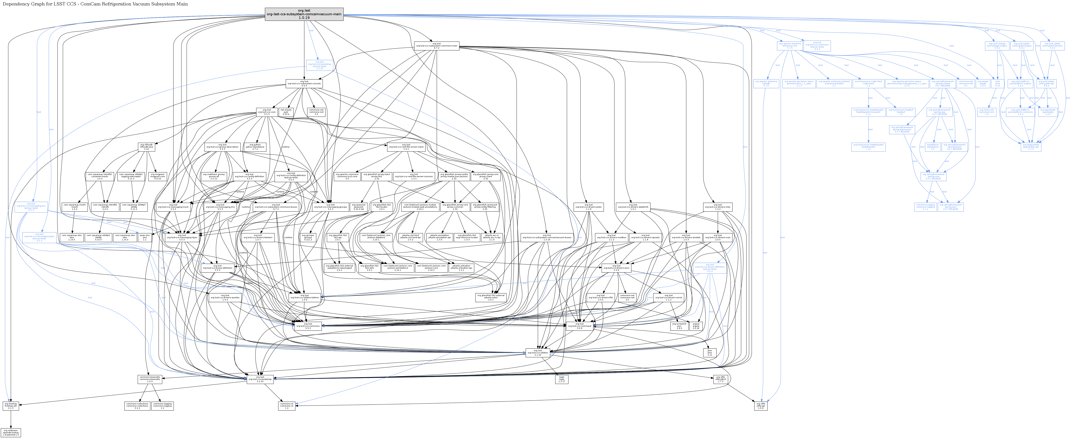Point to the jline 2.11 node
[710, 353]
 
